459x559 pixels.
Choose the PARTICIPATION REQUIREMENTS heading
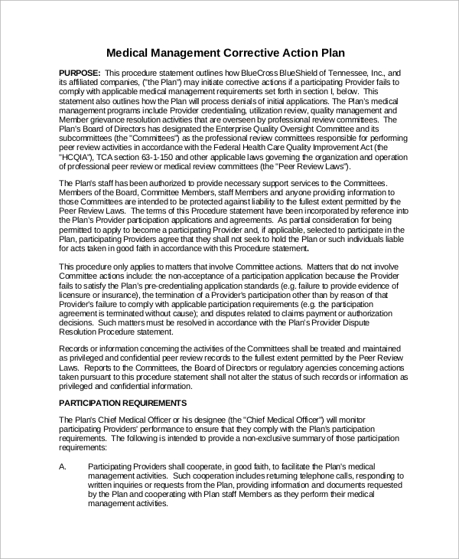click(122, 402)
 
